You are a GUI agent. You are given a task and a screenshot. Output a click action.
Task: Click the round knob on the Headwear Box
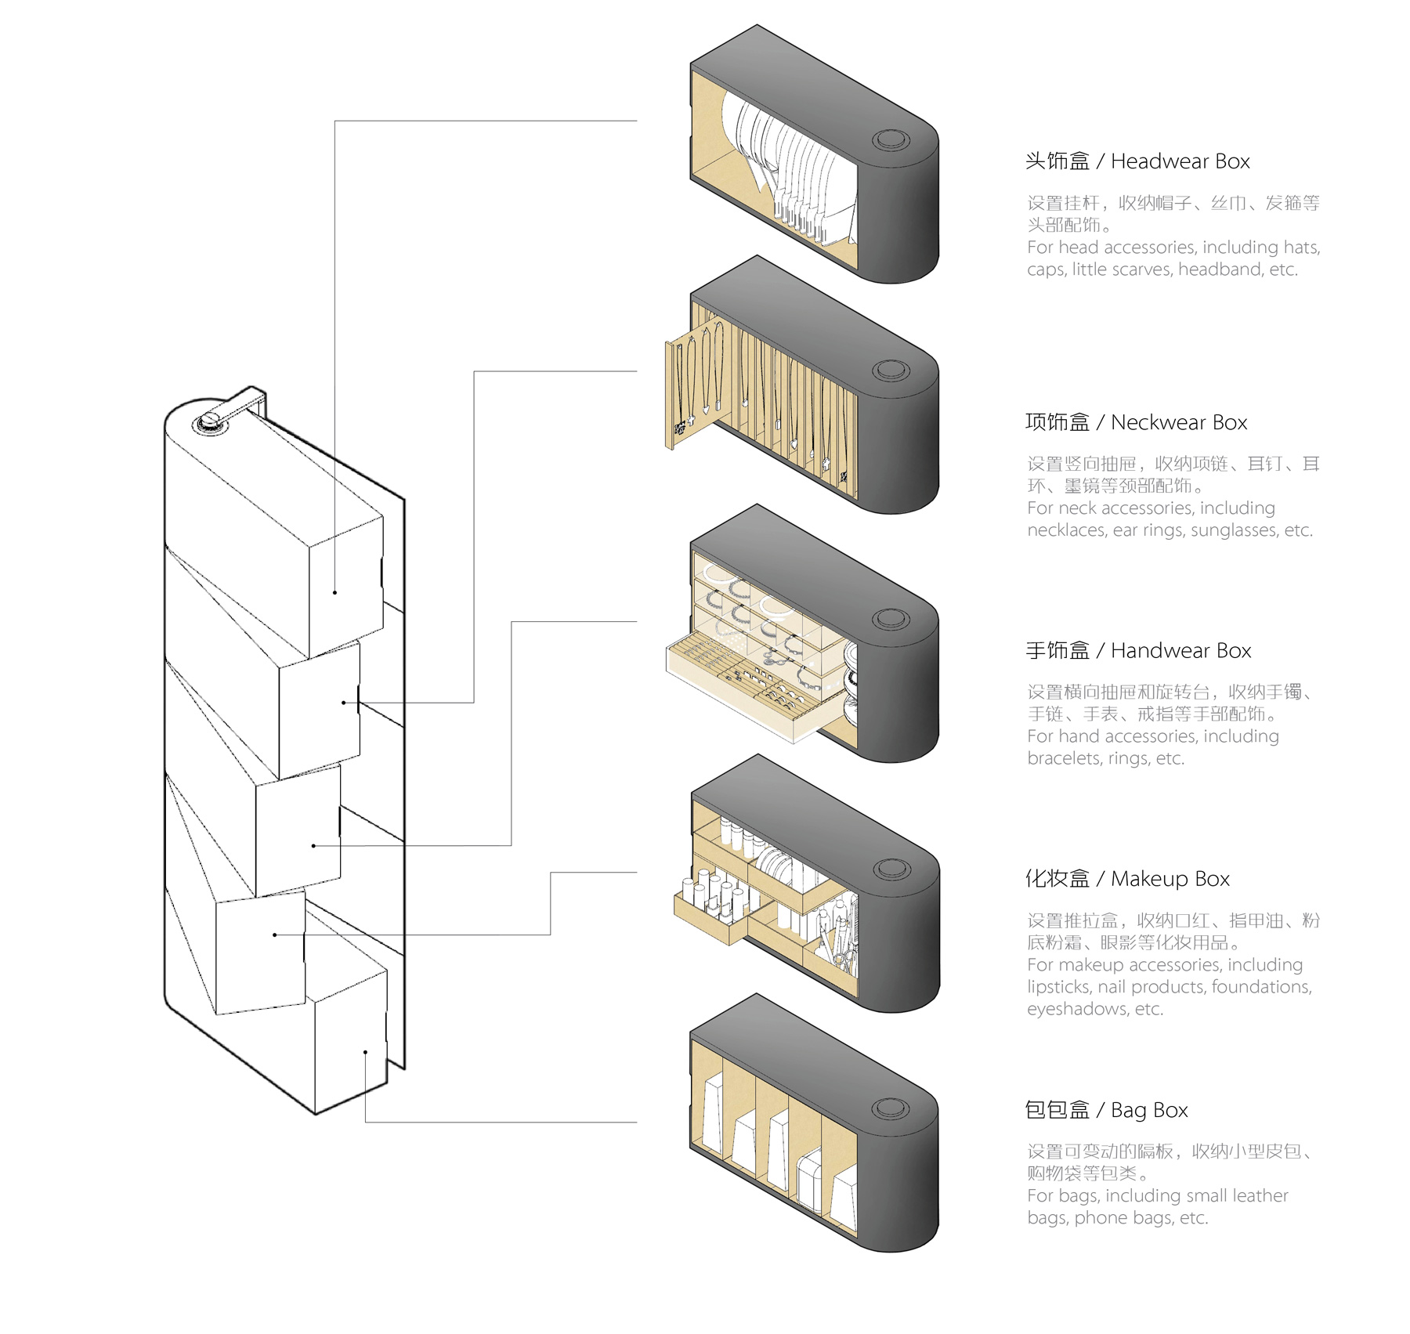tap(891, 140)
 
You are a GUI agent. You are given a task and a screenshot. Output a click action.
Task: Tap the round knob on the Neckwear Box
tap(891, 371)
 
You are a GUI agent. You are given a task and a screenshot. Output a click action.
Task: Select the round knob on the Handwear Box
tap(891, 619)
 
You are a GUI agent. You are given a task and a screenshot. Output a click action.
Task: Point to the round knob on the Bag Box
tap(891, 1108)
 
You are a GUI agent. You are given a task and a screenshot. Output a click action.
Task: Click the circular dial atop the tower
tap(211, 424)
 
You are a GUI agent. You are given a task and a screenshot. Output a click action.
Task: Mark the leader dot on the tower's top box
tap(334, 592)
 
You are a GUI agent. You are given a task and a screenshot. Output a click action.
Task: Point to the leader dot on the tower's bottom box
tap(365, 1051)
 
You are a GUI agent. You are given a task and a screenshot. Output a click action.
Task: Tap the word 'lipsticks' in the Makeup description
tap(1060, 987)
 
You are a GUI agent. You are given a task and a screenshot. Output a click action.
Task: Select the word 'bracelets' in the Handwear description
tap(1064, 758)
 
